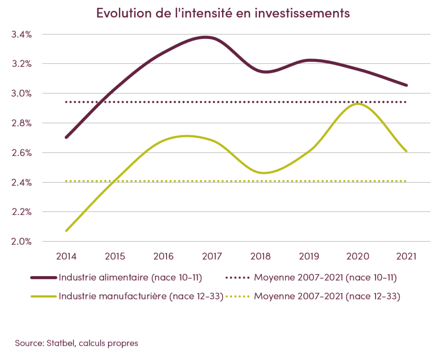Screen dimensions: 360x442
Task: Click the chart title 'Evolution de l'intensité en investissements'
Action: [x=223, y=13]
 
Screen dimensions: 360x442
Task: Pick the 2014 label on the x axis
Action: [x=66, y=256]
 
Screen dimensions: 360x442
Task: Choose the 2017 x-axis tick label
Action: [x=212, y=256]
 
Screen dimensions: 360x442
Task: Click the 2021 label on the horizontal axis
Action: [x=406, y=256]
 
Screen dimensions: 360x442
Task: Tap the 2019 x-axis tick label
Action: [x=309, y=256]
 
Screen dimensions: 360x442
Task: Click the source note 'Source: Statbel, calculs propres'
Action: [x=77, y=343]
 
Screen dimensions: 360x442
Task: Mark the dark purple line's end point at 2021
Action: [x=406, y=85]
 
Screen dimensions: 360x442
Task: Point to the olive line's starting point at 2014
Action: [x=66, y=231]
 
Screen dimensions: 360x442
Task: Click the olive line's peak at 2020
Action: [x=358, y=104]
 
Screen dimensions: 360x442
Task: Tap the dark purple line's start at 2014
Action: [x=66, y=137]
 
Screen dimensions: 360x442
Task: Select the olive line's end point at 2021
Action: [x=406, y=151]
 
